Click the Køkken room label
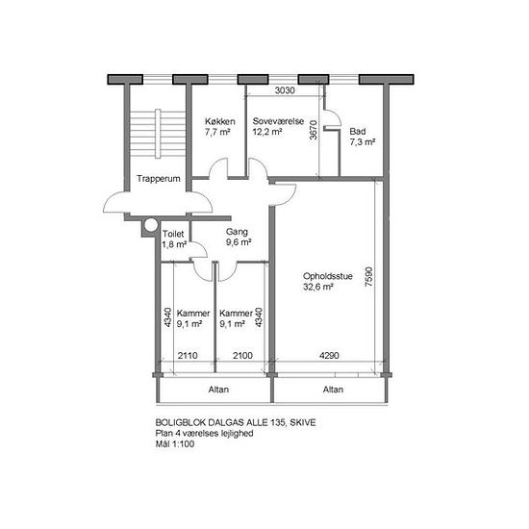[220, 121]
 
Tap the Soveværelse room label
[278, 121]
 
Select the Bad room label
[358, 131]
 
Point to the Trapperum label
[159, 179]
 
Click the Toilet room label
[173, 234]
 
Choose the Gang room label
[237, 232]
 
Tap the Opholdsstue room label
[328, 276]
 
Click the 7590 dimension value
[369, 277]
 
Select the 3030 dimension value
[285, 90]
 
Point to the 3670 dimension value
[314, 130]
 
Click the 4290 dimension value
[329, 355]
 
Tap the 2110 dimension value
[188, 355]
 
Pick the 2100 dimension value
[242, 355]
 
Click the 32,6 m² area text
[318, 288]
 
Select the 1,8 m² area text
[174, 244]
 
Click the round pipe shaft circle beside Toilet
[151, 225]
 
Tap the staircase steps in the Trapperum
[158, 134]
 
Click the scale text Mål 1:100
[175, 444]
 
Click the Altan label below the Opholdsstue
[333, 390]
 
